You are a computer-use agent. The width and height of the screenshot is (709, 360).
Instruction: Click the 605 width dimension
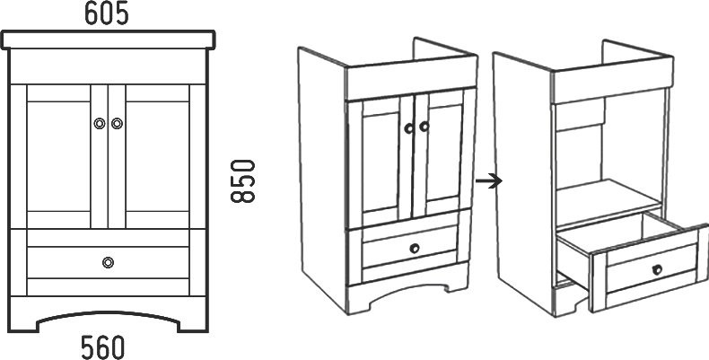107,14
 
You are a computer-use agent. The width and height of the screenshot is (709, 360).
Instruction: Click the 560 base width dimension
102,347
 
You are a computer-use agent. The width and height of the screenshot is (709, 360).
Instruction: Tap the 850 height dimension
243,181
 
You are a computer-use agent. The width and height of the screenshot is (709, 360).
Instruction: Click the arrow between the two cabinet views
489,181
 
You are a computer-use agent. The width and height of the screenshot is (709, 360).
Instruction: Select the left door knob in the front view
99,124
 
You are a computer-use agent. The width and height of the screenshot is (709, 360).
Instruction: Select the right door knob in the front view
117,124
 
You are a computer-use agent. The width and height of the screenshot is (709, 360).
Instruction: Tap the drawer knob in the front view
108,262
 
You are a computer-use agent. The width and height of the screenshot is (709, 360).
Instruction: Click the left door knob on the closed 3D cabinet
408,128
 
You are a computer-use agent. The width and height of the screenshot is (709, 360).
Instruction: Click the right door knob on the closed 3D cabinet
424,127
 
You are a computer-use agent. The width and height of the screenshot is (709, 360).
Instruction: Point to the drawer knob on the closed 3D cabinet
415,248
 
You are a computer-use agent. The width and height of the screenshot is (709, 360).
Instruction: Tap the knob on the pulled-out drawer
657,269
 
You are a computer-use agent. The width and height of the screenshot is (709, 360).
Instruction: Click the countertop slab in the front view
108,40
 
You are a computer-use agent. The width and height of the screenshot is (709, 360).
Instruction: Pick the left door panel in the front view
58,156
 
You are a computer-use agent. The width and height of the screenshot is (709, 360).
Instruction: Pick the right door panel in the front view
157,156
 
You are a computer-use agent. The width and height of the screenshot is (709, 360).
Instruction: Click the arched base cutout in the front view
108,316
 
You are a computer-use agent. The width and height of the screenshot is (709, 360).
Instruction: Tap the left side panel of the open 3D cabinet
523,181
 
